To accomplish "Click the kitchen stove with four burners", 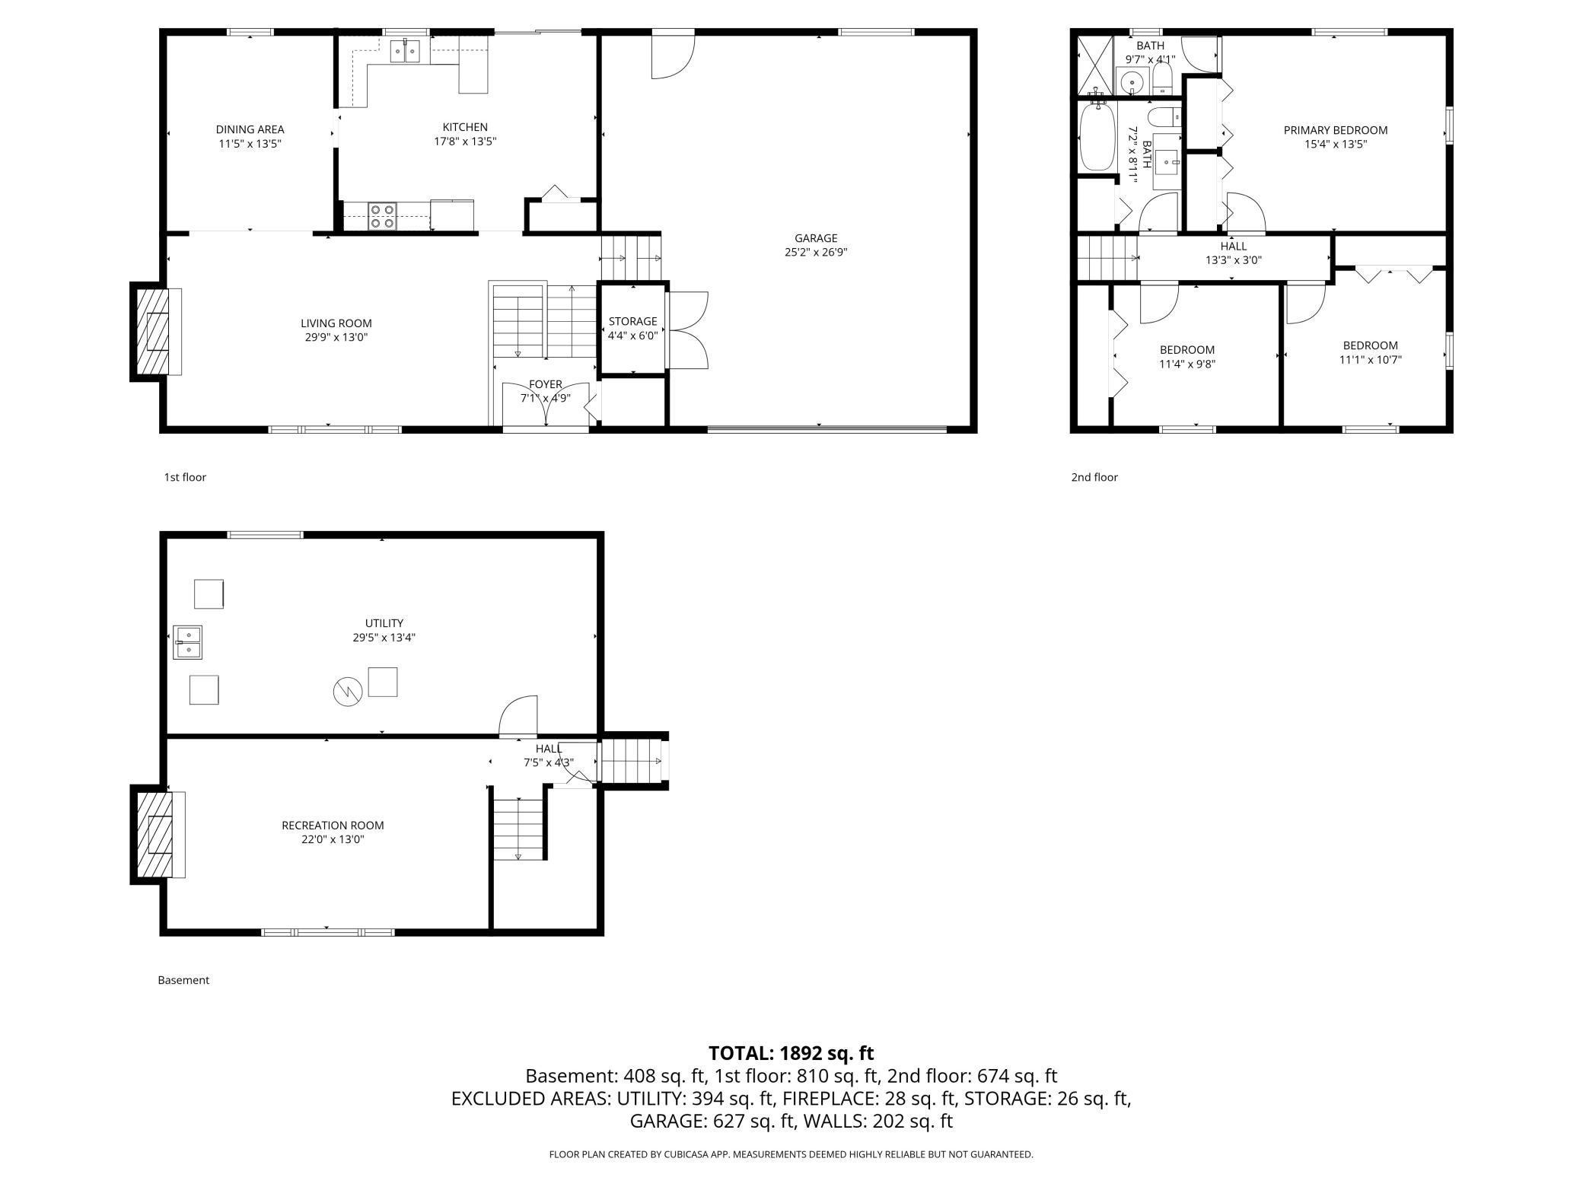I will tap(382, 216).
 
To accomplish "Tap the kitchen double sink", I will tap(406, 52).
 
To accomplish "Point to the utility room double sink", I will tap(187, 641).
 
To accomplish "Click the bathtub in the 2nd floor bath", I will tap(1097, 137).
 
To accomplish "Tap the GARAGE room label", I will tap(816, 238).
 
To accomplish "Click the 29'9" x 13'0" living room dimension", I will tap(336, 337).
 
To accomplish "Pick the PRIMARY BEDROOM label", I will tap(1335, 130).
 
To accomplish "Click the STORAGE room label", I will tap(632, 321).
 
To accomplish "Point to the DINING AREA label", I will tap(250, 129).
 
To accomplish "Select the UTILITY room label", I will tap(384, 623).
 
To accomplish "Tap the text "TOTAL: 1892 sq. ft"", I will tap(791, 1053).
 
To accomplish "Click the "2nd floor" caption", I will tap(1094, 477).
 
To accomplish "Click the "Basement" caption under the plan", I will tap(183, 980).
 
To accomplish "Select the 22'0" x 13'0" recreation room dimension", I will tap(333, 839).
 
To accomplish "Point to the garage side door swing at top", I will tap(673, 55).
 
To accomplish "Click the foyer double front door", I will tap(546, 407).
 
